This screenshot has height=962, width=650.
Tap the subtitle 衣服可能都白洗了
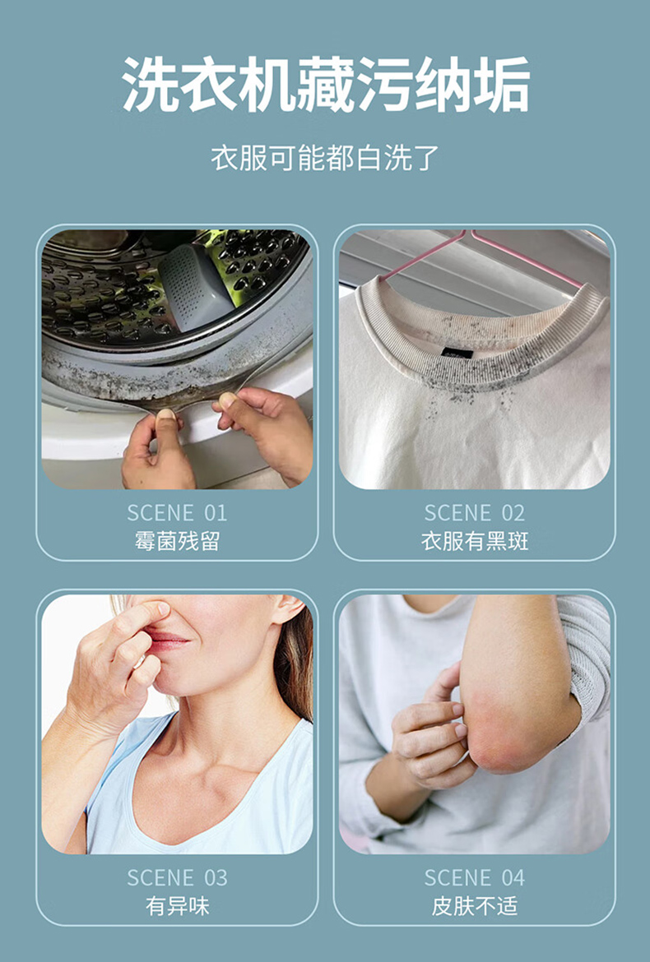[325, 158]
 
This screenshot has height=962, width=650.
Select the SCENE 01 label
[177, 512]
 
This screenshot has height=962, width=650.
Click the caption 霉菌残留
[177, 541]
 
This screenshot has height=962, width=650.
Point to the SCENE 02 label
[475, 512]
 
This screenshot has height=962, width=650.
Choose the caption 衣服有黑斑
[475, 541]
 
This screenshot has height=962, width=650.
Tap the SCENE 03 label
[177, 877]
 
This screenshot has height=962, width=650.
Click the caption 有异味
[177, 906]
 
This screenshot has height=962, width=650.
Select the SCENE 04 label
[475, 877]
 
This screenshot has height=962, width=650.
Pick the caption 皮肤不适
[475, 906]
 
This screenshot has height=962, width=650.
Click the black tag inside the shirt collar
[458, 353]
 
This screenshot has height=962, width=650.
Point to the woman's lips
[167, 641]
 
